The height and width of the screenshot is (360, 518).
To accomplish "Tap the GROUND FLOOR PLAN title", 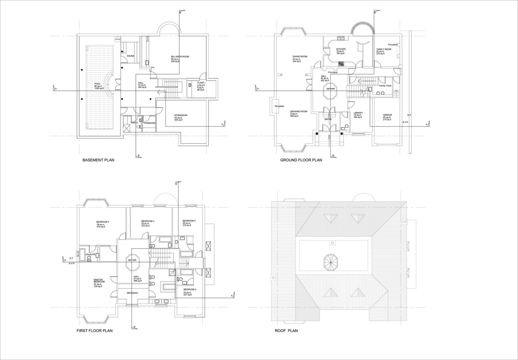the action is (x=301, y=160).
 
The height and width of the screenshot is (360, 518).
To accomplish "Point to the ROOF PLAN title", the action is (x=286, y=331).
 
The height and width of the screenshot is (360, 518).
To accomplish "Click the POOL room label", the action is (x=98, y=84).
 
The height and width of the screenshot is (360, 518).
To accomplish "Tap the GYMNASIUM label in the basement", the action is (x=181, y=116).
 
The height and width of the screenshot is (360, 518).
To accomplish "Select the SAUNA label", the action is (x=130, y=56).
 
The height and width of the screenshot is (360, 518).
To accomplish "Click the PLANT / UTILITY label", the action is (x=201, y=84).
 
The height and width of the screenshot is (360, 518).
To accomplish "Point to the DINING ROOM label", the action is (x=300, y=56).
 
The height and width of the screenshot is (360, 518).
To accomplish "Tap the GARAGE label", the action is (x=387, y=115).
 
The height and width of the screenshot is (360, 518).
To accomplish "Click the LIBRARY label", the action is (x=358, y=113).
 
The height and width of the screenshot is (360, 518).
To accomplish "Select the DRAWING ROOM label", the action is (x=299, y=111).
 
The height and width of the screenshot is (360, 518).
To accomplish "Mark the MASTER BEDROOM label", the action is (x=99, y=280).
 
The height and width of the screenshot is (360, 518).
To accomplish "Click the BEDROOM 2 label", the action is (x=103, y=222).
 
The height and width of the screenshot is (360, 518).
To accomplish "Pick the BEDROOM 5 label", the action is (x=189, y=289).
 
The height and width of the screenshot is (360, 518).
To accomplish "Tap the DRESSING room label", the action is (x=132, y=293).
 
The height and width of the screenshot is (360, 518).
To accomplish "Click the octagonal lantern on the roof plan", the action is (x=331, y=261).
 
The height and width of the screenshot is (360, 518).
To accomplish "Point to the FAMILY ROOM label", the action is (x=384, y=49).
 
